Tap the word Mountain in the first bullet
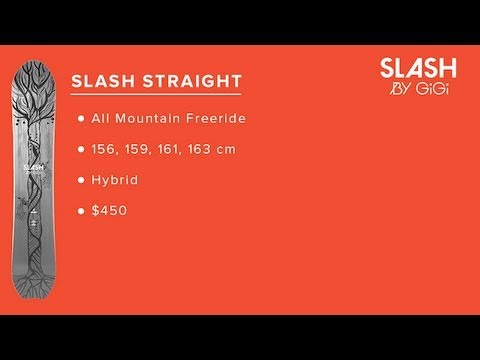coord(150,119)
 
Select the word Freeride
coord(212,119)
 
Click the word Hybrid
coord(116,181)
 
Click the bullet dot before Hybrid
coord(79,181)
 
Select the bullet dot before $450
coord(79,212)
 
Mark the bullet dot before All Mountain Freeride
coord(79,119)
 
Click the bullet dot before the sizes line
coord(79,150)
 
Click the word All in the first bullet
coord(102,119)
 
